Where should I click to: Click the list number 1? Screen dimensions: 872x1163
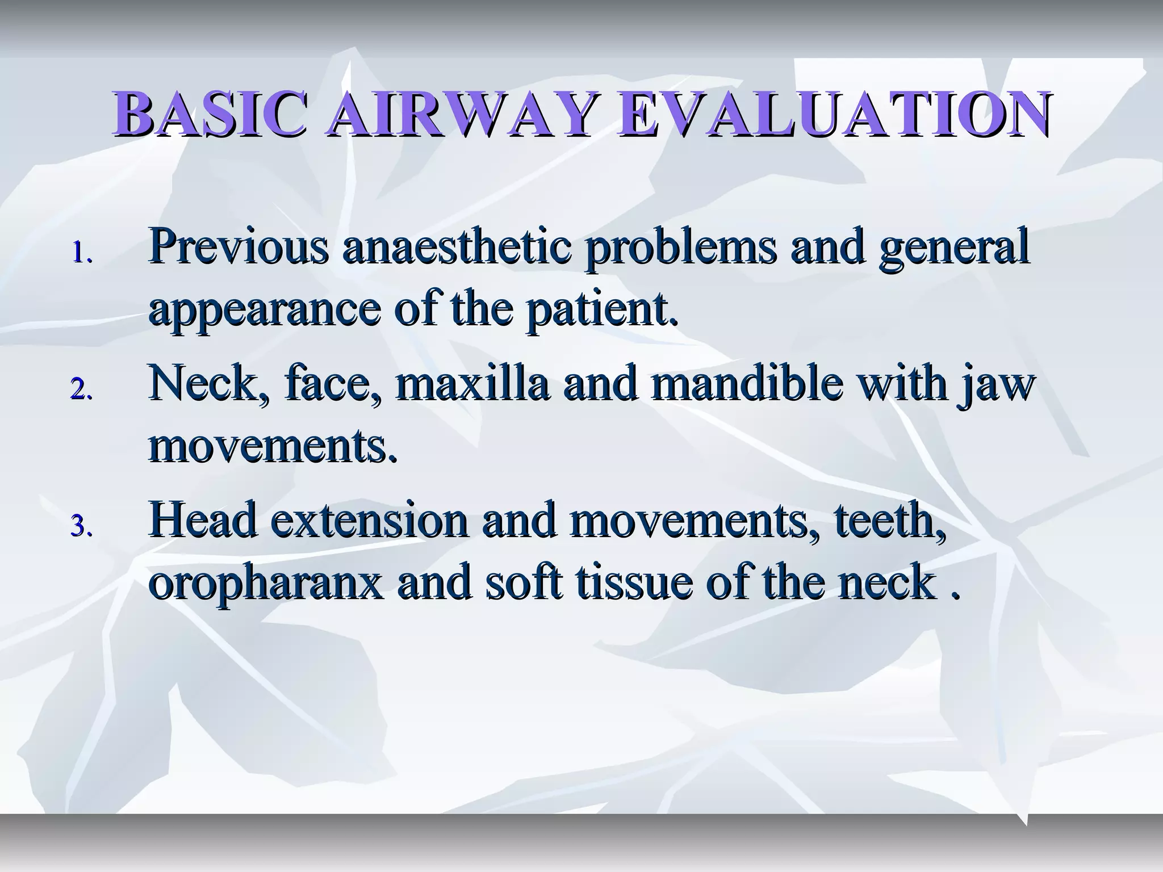tap(81, 254)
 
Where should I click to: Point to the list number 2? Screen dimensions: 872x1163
tap(81, 391)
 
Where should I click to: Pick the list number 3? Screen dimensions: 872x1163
tap(81, 527)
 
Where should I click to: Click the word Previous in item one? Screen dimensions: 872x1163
tap(239, 246)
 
